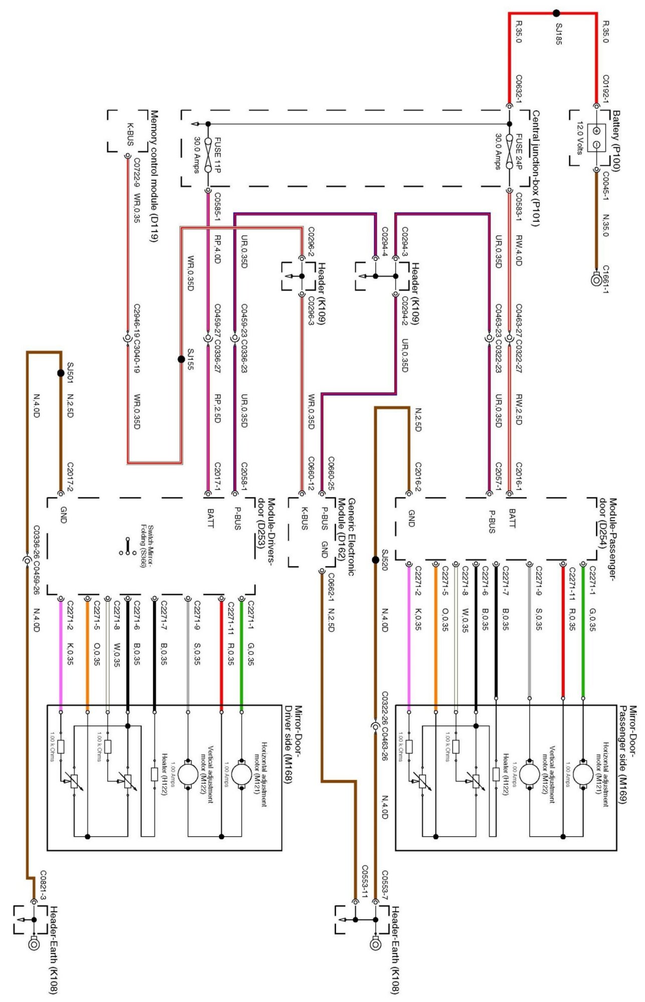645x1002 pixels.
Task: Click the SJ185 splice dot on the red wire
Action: point(556,13)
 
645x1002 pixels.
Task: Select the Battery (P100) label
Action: point(616,141)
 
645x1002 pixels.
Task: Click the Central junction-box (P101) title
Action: point(535,168)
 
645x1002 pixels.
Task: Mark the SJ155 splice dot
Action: point(181,359)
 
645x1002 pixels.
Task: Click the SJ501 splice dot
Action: point(61,373)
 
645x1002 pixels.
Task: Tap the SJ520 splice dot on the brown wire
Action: point(375,560)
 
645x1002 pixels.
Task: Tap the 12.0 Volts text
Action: point(579,137)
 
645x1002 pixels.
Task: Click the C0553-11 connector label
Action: point(365,881)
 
